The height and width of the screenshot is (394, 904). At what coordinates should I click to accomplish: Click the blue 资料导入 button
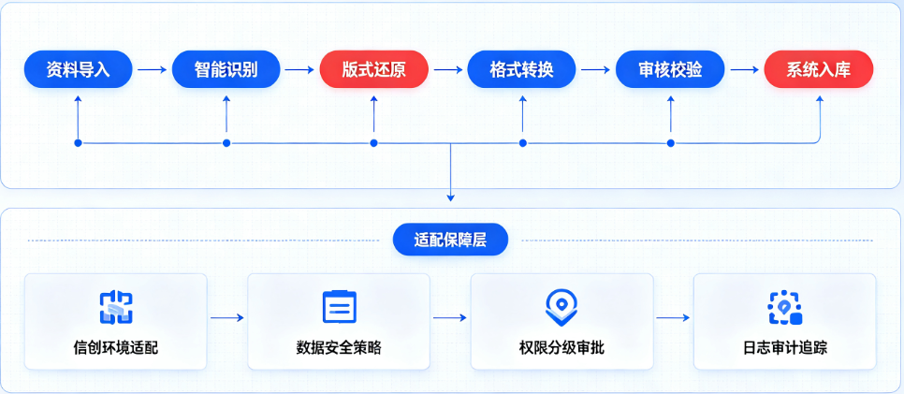(x=79, y=69)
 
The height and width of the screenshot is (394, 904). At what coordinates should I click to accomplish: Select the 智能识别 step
(x=226, y=69)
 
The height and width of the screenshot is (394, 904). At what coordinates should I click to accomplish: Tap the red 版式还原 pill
(x=374, y=69)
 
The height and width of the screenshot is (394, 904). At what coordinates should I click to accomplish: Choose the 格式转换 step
(x=522, y=69)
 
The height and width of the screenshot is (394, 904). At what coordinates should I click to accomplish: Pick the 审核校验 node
(x=670, y=69)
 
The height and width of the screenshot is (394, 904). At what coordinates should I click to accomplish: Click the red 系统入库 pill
(x=819, y=69)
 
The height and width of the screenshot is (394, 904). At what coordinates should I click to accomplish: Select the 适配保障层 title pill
(x=450, y=240)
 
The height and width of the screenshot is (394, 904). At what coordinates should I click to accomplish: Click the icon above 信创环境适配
(x=116, y=308)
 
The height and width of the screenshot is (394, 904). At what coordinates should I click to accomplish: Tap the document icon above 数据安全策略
(x=339, y=306)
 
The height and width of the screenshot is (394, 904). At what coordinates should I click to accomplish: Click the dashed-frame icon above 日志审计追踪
(x=784, y=308)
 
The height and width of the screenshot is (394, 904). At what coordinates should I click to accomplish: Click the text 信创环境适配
(x=116, y=348)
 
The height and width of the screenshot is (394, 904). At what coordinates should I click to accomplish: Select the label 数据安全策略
(x=339, y=348)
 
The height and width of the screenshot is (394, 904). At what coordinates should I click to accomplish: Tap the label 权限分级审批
(x=561, y=348)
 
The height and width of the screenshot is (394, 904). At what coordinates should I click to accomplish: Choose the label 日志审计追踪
(x=784, y=348)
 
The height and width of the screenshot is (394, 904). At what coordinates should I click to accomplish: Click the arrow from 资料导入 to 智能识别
(x=153, y=70)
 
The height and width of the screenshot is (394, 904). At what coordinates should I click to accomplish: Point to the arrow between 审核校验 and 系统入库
(x=744, y=70)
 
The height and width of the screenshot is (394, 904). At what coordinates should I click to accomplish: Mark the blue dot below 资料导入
(x=79, y=143)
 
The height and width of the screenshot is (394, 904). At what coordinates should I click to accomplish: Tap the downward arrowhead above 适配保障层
(x=451, y=198)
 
